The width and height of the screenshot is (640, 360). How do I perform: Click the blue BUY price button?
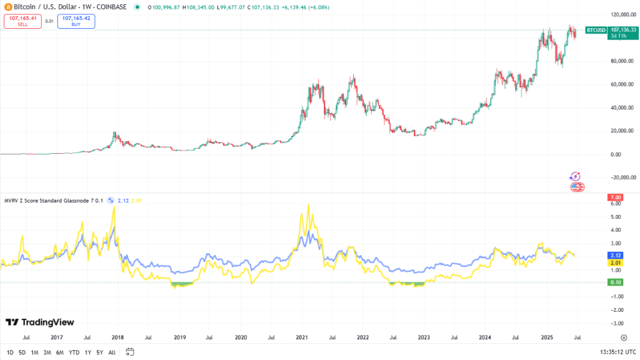(76, 21)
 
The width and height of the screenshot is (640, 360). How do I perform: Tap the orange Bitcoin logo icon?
(7, 6)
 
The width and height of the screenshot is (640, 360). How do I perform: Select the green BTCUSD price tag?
(595, 29)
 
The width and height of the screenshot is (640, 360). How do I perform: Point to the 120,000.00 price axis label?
(623, 14)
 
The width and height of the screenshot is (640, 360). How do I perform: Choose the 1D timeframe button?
(10, 352)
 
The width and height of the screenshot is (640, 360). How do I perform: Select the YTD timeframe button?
(74, 352)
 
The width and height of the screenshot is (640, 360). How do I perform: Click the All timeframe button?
(112, 352)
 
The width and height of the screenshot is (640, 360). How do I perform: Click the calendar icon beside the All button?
(130, 351)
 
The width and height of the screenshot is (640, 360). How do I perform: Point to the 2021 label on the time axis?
(301, 337)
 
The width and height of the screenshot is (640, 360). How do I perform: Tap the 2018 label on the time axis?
(117, 337)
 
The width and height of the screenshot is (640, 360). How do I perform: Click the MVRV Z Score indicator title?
(53, 200)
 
